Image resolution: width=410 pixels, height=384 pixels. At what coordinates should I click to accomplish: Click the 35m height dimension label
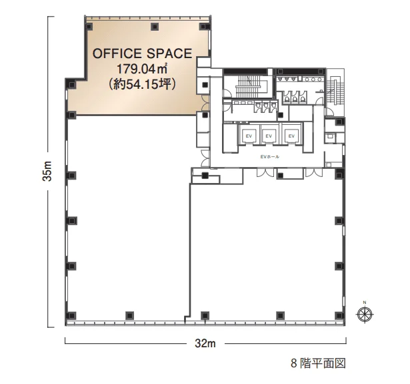(x=47, y=171)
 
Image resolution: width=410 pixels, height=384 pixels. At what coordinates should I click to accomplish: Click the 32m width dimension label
(x=205, y=343)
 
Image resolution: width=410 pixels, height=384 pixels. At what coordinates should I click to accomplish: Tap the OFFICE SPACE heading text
(x=143, y=53)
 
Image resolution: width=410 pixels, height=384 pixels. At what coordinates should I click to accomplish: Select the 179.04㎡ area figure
(x=142, y=69)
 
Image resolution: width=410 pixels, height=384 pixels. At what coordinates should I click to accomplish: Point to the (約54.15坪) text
(x=143, y=84)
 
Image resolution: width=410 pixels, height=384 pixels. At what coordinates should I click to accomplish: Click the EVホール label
(x=270, y=157)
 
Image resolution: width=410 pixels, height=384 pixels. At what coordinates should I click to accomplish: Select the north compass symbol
(x=365, y=314)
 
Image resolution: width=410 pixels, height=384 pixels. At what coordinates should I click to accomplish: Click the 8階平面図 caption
(x=319, y=363)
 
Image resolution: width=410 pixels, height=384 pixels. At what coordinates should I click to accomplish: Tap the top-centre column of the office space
(x=155, y=27)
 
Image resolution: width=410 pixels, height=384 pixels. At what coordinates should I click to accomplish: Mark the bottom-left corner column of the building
(x=71, y=316)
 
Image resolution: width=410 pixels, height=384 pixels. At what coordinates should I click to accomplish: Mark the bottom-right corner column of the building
(x=339, y=316)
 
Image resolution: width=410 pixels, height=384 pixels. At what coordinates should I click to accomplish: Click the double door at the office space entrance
(x=205, y=102)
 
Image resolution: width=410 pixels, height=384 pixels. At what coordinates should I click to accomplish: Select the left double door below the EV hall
(x=265, y=172)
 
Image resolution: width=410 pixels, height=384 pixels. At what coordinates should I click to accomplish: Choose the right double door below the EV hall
(x=314, y=172)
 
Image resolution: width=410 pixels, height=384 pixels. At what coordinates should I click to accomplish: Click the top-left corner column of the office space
(x=89, y=27)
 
